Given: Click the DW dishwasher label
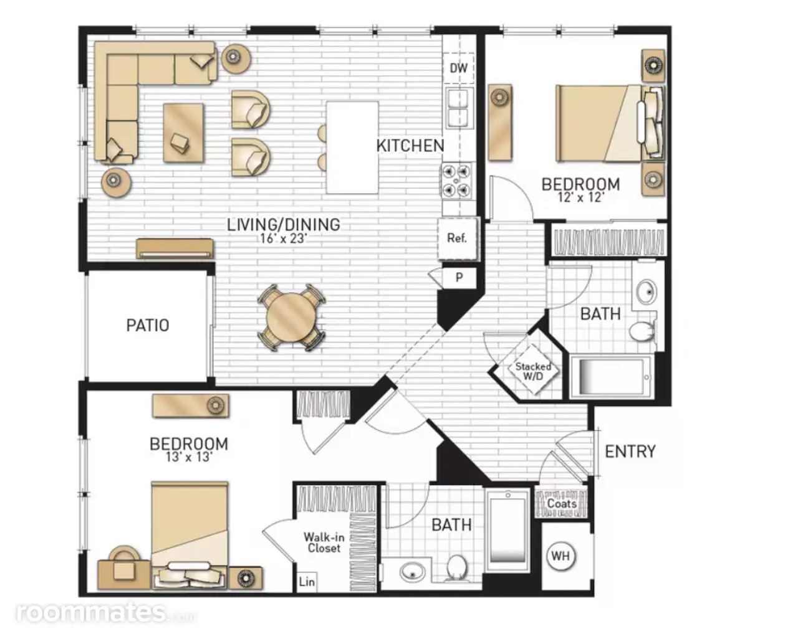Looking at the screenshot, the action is [x=458, y=68].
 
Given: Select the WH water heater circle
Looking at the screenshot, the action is [x=560, y=556].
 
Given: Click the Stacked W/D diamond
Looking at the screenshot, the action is [x=533, y=371].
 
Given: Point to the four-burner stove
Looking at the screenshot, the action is [x=456, y=181].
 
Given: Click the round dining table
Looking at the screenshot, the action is [x=292, y=317].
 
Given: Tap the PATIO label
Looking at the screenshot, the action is [x=148, y=325].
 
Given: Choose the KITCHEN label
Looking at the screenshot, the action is [x=410, y=146].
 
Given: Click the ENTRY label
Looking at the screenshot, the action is [x=630, y=451].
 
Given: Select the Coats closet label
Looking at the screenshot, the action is [x=562, y=504].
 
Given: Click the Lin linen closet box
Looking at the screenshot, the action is [x=307, y=582].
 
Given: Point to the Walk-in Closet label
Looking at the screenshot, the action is [x=324, y=542].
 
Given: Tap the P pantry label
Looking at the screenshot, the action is [x=459, y=277].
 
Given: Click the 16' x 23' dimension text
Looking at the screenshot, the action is [x=283, y=238].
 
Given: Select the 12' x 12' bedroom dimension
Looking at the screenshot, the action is [x=580, y=197].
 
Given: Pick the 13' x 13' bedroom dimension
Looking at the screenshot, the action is [x=189, y=457].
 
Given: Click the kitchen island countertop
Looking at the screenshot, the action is [x=352, y=148].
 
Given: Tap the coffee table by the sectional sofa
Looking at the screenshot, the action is [x=183, y=133].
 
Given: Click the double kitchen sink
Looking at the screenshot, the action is [x=459, y=108].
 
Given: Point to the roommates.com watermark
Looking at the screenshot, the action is [x=107, y=613].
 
